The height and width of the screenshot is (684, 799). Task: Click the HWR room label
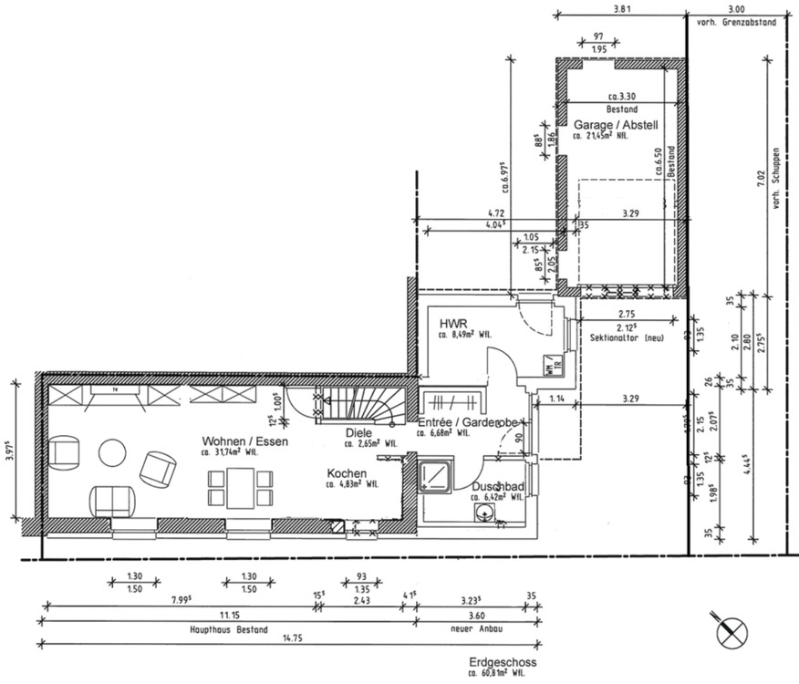click(x=453, y=324)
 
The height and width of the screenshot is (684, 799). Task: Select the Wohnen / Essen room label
click(x=245, y=441)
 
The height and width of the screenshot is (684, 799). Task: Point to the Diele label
click(x=358, y=433)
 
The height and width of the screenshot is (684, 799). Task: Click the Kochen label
click(x=347, y=474)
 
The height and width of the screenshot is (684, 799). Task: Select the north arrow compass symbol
click(x=731, y=630)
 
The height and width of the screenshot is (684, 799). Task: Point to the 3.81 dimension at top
click(x=621, y=9)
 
